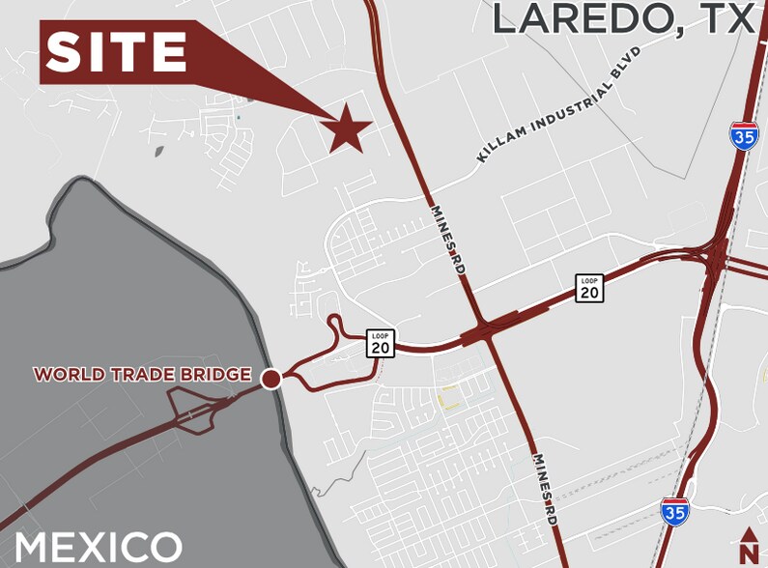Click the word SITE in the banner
coord(116,51)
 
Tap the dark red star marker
coord(347,129)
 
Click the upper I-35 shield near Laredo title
coord(744,135)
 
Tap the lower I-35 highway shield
coord(675,511)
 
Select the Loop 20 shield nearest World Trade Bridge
coord(381,343)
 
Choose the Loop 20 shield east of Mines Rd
coord(589,288)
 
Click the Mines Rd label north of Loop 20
coord(447,237)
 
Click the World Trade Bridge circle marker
coord(271,379)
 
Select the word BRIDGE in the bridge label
coord(219,374)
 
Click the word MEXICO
coord(99,547)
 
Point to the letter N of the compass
coord(749,553)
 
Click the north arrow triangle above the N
coord(749,534)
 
